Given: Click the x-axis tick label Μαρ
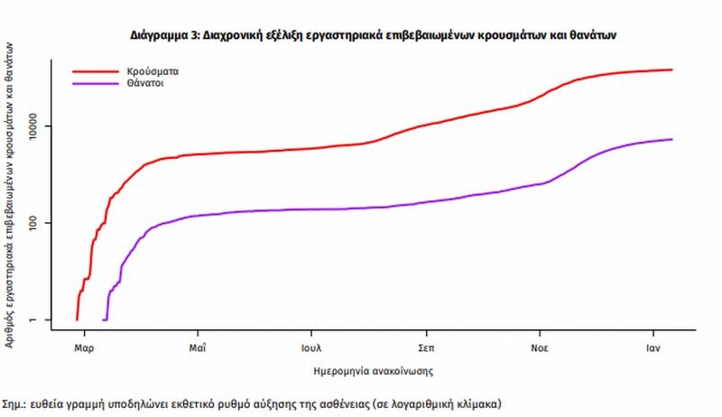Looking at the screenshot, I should coord(83,347).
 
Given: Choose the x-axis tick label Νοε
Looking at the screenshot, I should coord(541,347).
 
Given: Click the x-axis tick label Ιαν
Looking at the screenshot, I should coord(655,347).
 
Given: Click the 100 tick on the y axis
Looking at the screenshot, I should coord(48,223).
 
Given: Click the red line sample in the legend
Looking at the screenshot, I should coord(96,69).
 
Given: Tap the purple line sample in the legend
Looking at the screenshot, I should coord(96,83).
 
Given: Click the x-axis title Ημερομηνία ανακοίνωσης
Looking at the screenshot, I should coord(373,369).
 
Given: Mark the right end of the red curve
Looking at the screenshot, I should coord(672,69).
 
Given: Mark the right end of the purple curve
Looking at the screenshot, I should coord(672,139).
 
